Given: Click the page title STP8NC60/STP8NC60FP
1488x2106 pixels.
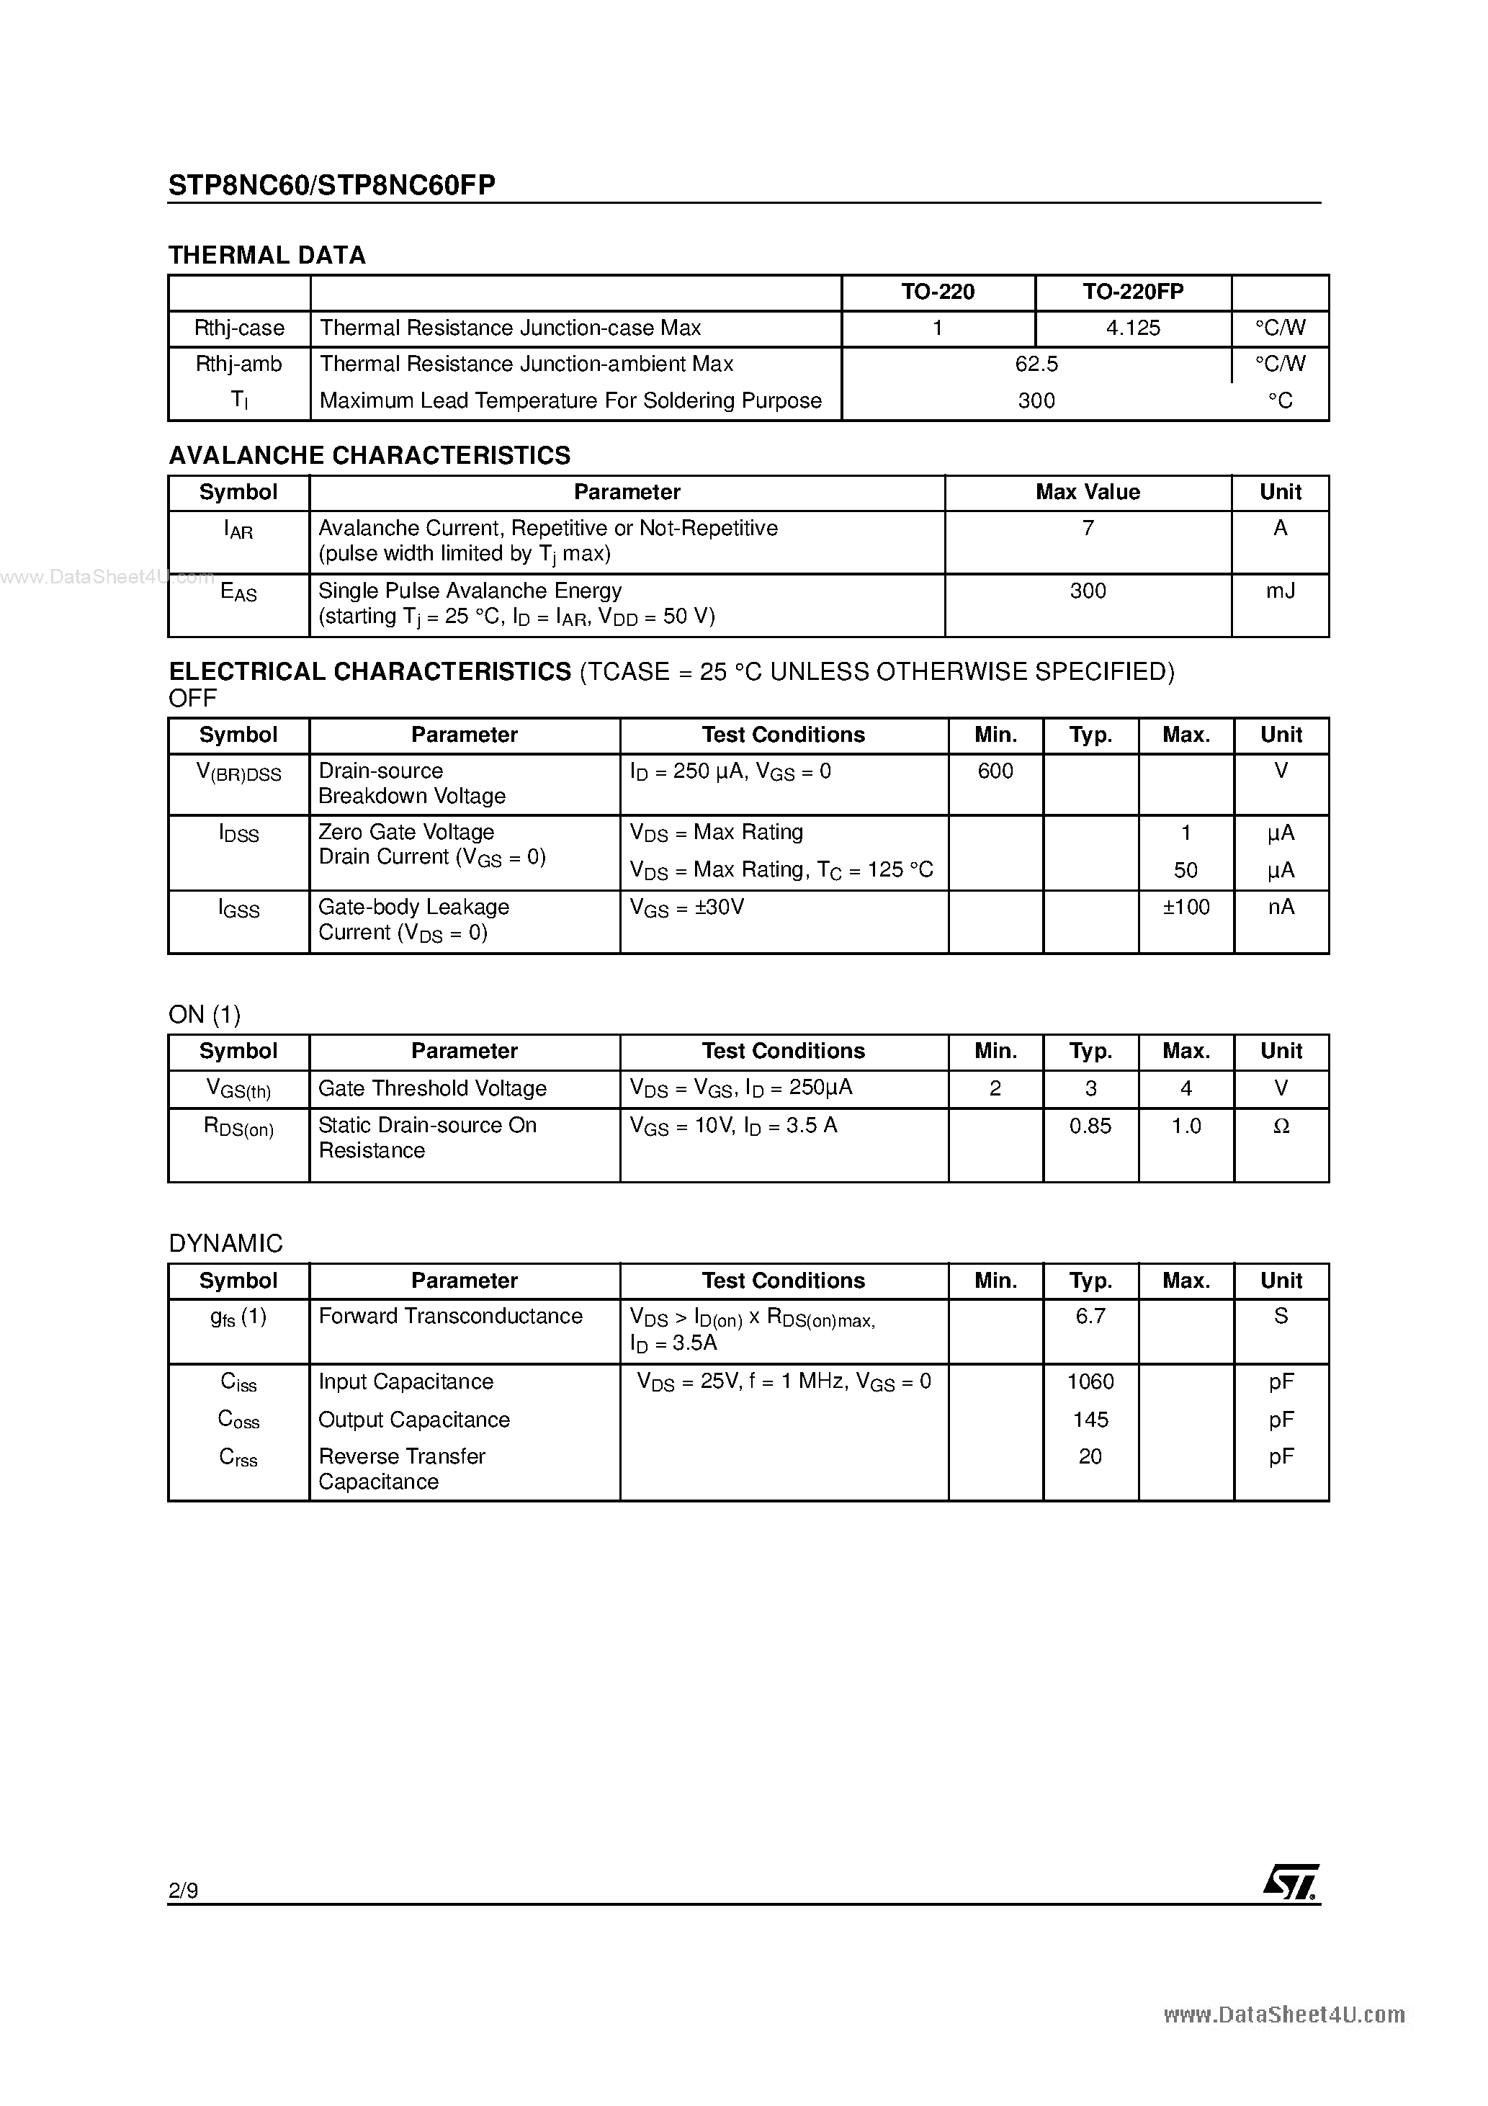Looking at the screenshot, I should [x=332, y=185].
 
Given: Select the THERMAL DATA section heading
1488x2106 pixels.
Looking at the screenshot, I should [x=267, y=255].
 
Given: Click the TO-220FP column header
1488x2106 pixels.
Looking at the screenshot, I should [x=1133, y=292].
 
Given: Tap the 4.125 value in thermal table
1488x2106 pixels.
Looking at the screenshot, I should [x=1133, y=328].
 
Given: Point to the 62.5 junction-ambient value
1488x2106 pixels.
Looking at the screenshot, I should [x=1036, y=364].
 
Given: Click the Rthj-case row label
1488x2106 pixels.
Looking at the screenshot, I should [x=239, y=328].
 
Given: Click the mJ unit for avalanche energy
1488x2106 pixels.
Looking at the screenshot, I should [x=1281, y=591].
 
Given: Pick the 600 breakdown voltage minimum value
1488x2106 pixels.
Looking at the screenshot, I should [x=995, y=771].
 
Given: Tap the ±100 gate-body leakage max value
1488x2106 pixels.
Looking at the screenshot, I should [x=1186, y=908].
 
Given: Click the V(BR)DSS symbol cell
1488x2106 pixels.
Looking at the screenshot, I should [x=239, y=774].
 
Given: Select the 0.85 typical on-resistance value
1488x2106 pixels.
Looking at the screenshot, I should [x=1090, y=1126].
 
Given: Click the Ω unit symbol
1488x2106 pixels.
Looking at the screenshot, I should [x=1281, y=1126].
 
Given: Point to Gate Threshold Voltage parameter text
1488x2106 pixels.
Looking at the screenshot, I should [x=432, y=1089].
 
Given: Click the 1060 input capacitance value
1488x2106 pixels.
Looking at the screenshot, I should [x=1090, y=1382].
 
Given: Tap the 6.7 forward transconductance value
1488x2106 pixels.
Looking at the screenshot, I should [x=1090, y=1317].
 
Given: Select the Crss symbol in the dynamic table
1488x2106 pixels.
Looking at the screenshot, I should [x=238, y=1458].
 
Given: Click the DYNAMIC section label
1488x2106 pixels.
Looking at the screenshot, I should [x=225, y=1244].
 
